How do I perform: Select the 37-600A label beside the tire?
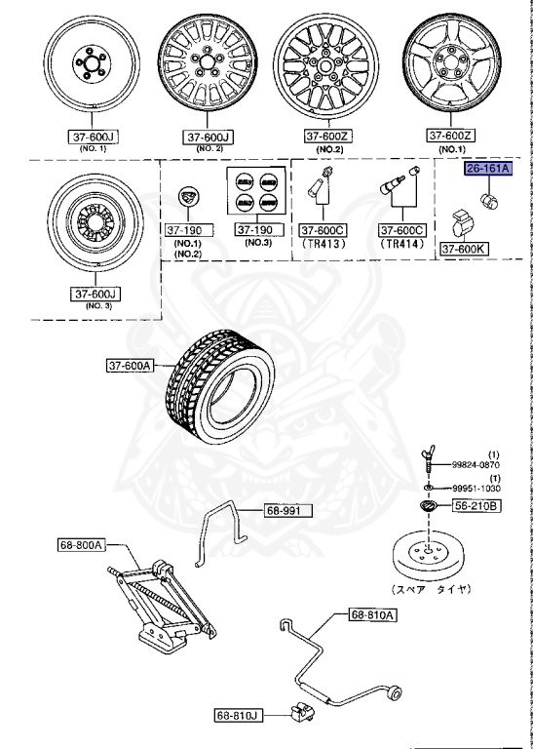[132, 366]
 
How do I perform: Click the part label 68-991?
[286, 509]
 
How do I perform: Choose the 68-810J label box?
[239, 715]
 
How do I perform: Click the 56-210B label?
[476, 506]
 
